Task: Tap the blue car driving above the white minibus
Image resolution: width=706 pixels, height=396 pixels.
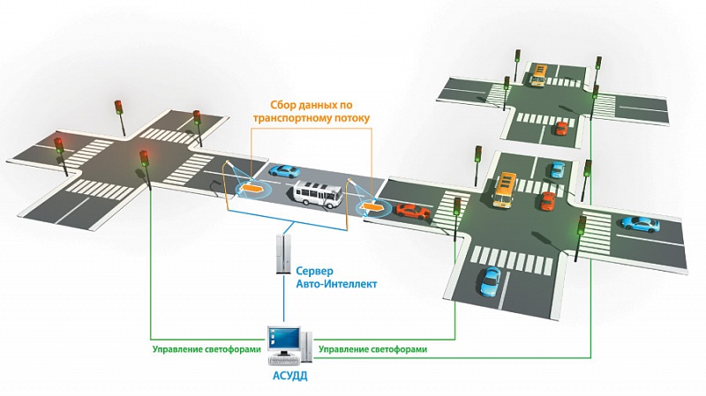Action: pyautogui.click(x=285, y=170)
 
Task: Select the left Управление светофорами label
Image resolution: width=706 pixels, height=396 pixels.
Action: pyautogui.click(x=207, y=349)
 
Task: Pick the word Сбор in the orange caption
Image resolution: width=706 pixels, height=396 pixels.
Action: pyautogui.click(x=273, y=103)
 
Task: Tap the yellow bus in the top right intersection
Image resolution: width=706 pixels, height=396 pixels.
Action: pyautogui.click(x=537, y=76)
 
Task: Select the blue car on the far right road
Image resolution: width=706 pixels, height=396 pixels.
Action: pyautogui.click(x=640, y=223)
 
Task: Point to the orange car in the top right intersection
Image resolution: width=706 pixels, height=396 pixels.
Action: pyautogui.click(x=560, y=129)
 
